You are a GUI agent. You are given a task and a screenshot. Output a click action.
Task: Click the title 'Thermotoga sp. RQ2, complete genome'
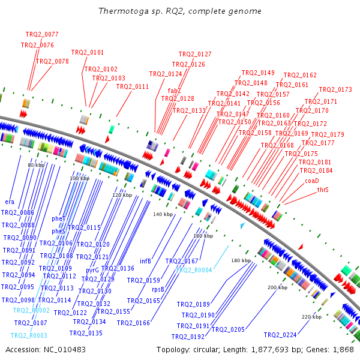click(179, 11)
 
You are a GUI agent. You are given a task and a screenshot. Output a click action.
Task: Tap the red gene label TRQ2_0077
click(42, 34)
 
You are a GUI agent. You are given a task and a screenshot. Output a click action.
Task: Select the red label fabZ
click(175, 91)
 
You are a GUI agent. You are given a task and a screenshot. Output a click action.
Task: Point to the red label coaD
click(312, 180)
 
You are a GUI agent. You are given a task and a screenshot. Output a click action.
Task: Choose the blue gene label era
click(10, 202)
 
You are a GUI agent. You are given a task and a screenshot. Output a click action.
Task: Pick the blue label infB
click(145, 261)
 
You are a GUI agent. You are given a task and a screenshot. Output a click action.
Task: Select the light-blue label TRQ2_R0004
click(194, 270)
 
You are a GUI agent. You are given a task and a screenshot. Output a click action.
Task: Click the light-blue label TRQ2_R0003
click(29, 335)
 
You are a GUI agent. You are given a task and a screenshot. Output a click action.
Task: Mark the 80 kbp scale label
click(36, 165)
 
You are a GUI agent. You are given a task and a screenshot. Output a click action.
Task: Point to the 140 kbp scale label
click(163, 214)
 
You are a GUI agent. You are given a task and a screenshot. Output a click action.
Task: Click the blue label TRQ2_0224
click(280, 335)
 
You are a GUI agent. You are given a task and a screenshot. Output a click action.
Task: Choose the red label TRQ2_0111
click(133, 86)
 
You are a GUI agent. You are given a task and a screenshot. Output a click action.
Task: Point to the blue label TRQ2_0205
click(229, 329)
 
